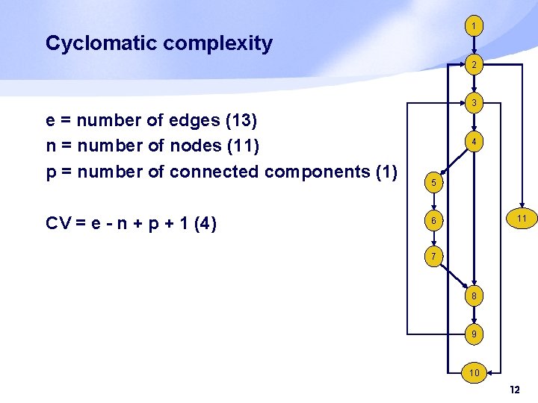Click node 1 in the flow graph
(472, 27)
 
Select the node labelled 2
(472, 66)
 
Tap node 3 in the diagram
(472, 102)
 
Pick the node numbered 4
(472, 140)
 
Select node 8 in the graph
(472, 296)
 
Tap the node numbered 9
(472, 334)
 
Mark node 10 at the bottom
(472, 372)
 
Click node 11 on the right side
(520, 219)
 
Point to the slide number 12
(514, 390)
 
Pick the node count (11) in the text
(242, 145)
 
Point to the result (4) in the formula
(205, 222)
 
